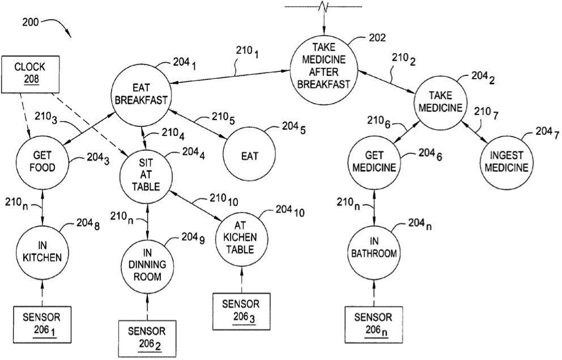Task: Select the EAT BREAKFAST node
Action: coord(142,94)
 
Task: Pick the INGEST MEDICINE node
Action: coord(506,162)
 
